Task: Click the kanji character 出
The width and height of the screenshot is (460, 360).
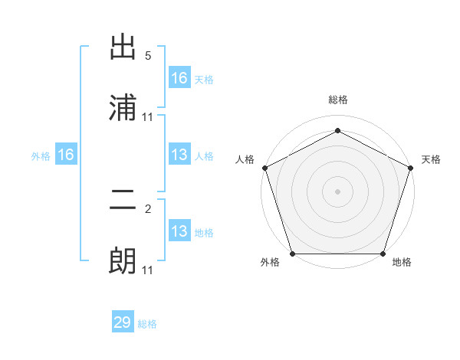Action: (123, 47)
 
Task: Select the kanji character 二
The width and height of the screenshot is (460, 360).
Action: (123, 200)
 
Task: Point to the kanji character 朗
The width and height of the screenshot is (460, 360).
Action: (123, 261)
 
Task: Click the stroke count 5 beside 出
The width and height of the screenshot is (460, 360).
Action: (148, 56)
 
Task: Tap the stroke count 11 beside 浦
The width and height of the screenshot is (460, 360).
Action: (148, 116)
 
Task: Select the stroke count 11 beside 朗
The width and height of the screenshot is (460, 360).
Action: (148, 270)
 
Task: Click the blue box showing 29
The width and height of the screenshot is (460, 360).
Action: (123, 322)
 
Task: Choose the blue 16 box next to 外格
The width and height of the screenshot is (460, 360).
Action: (66, 155)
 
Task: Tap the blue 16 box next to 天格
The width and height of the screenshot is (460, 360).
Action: (179, 78)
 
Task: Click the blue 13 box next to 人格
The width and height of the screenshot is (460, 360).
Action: (179, 155)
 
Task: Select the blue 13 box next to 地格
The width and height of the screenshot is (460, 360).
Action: (179, 231)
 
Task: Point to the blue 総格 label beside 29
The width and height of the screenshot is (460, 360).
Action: (147, 324)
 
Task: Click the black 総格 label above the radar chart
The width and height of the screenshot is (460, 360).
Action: (338, 100)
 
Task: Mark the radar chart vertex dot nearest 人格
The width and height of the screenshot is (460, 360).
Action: (264, 168)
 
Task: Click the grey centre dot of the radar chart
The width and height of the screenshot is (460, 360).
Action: (338, 191)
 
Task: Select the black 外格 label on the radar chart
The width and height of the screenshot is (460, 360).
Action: (270, 263)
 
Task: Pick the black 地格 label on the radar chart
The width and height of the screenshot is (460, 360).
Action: (402, 263)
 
